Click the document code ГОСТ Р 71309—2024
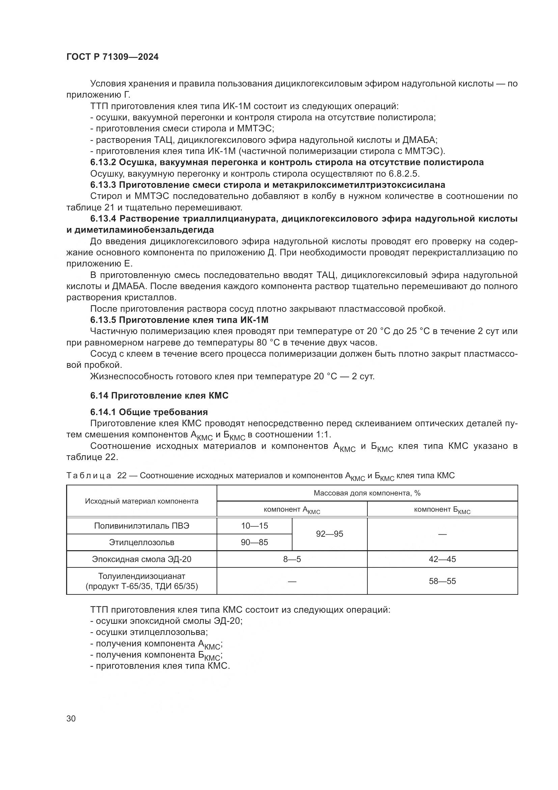coord(112,57)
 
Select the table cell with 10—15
coord(254,526)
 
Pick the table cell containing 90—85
coord(254,542)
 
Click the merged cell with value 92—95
coord(329,534)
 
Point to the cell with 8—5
coord(292,559)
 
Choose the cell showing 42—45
coord(442,559)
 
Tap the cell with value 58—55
coord(442,581)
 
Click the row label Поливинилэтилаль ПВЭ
coord(142,526)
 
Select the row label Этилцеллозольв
coord(142,542)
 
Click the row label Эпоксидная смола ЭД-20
coord(142,559)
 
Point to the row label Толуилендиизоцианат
coord(142,576)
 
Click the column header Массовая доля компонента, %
coord(367,493)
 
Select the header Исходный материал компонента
coord(142,501)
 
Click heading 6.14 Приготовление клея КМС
coord(159,396)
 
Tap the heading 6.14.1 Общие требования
coord(149,412)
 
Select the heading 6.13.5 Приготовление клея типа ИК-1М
coord(179,320)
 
